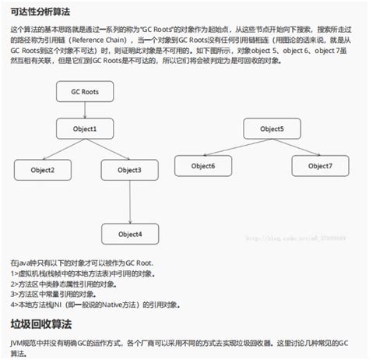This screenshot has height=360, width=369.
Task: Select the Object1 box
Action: tap(85, 129)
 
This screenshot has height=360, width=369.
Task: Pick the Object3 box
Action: tap(129, 170)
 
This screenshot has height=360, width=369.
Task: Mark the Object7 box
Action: tap(318, 165)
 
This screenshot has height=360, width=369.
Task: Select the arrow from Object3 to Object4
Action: tap(129, 202)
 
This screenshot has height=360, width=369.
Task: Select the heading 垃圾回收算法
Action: tap(37, 323)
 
